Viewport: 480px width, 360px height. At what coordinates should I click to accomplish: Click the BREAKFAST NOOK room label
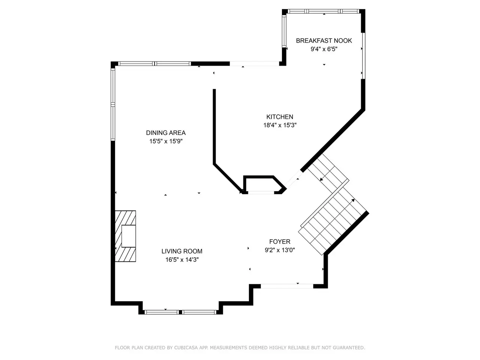tap(324, 40)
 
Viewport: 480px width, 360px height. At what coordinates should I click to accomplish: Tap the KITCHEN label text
tap(280, 117)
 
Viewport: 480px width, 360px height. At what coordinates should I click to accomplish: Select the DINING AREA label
tap(166, 133)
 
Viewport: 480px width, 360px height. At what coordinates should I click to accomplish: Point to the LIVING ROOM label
tap(182, 251)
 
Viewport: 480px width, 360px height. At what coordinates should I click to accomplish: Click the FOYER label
tap(280, 241)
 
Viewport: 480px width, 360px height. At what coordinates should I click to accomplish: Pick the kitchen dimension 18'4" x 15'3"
tap(280, 125)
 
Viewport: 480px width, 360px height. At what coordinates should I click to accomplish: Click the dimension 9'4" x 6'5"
tap(324, 49)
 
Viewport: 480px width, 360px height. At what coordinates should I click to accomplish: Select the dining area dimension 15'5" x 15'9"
tap(166, 141)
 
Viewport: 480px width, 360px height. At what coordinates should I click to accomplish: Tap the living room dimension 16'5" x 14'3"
tap(182, 259)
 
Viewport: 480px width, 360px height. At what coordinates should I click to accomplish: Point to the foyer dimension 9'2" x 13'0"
tap(280, 250)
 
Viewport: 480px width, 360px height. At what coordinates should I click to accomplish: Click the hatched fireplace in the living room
tap(126, 236)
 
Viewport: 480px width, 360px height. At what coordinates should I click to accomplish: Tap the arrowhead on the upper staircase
tap(321, 180)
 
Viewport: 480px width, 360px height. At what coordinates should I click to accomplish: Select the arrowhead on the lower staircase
tap(353, 200)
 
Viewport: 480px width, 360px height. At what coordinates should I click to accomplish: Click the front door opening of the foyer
tap(287, 286)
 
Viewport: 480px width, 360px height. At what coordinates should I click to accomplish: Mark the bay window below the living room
tap(181, 312)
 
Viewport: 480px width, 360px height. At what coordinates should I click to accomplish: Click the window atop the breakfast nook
tap(324, 11)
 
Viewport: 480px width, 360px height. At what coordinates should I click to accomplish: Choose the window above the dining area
tap(154, 64)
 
